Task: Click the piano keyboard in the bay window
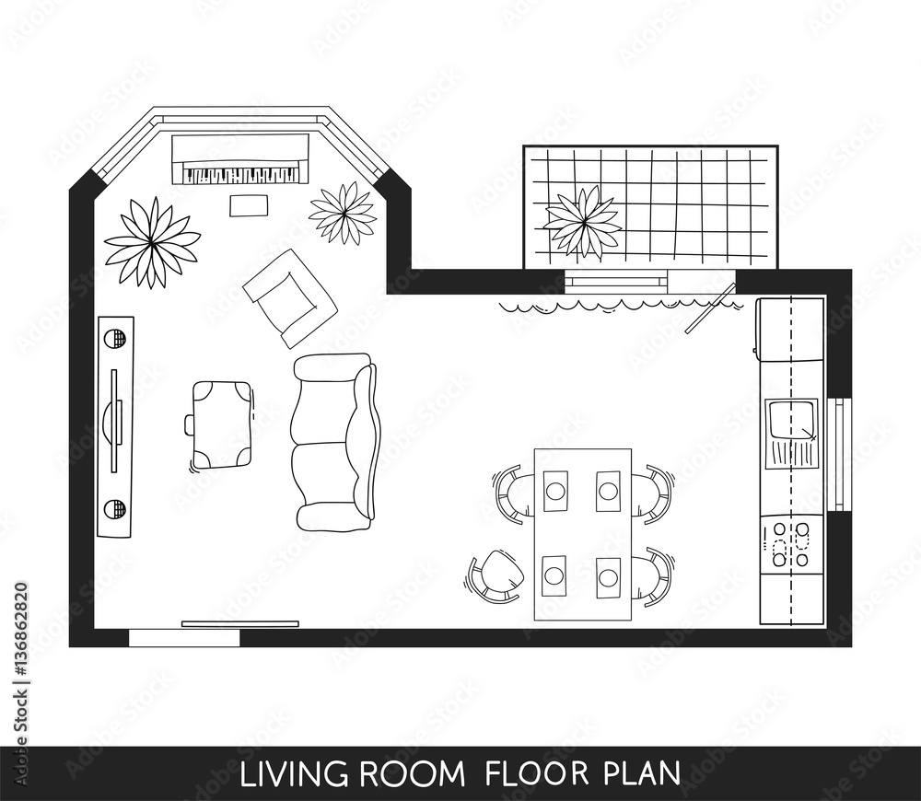[242, 173]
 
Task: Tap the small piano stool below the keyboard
[248, 205]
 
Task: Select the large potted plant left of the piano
[151, 243]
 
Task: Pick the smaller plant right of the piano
[343, 214]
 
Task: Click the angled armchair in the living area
[289, 297]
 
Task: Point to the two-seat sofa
[333, 442]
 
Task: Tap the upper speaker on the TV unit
[115, 339]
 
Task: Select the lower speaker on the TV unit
[114, 509]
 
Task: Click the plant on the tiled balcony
[582, 222]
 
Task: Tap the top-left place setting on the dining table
[555, 491]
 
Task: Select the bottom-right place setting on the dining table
[608, 577]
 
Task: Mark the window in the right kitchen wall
[839, 453]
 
